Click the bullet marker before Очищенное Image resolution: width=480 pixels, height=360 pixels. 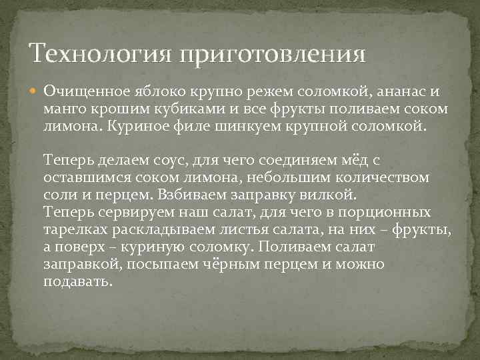click(35, 91)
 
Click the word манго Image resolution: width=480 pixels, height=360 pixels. click(64, 108)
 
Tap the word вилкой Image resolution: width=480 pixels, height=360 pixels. click(334, 195)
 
